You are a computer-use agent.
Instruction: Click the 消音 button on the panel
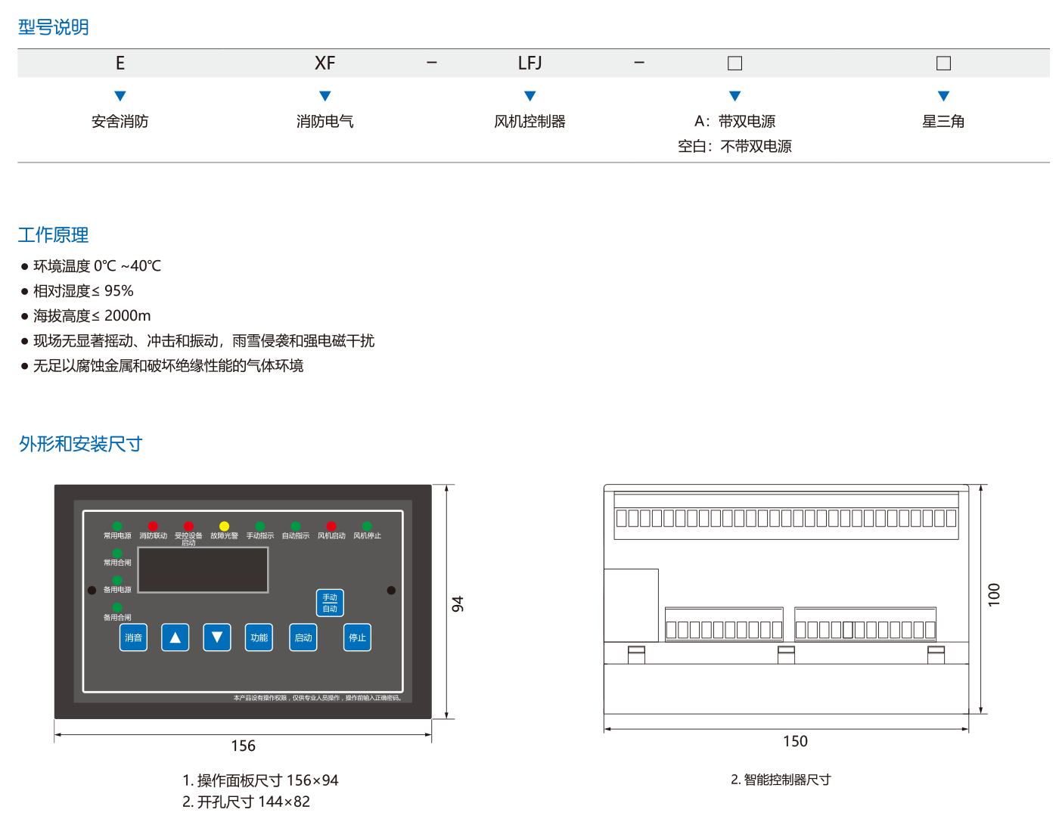click(x=133, y=637)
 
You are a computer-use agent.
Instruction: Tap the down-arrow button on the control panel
click(x=217, y=637)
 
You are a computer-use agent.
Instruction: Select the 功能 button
click(x=259, y=637)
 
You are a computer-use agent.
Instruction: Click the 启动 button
click(x=303, y=637)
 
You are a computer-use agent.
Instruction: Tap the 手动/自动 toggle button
click(x=330, y=603)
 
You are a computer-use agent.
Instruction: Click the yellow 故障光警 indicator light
click(x=224, y=526)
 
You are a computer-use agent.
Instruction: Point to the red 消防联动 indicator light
click(x=153, y=526)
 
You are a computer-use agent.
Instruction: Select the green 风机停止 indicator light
click(x=367, y=526)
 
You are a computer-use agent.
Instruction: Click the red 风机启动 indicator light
click(x=331, y=526)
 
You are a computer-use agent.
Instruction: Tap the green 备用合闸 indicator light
click(x=117, y=608)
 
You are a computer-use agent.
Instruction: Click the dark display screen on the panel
click(x=203, y=569)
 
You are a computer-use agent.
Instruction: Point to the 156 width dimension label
click(x=244, y=746)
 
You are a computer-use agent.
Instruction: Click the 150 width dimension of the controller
click(x=795, y=742)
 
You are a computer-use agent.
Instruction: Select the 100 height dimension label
click(x=994, y=594)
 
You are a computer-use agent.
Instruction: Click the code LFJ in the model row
click(x=529, y=64)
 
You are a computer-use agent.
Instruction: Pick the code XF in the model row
click(x=325, y=64)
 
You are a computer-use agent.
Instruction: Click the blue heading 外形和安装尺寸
click(x=81, y=444)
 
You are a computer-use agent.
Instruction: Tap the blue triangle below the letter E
click(x=120, y=96)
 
